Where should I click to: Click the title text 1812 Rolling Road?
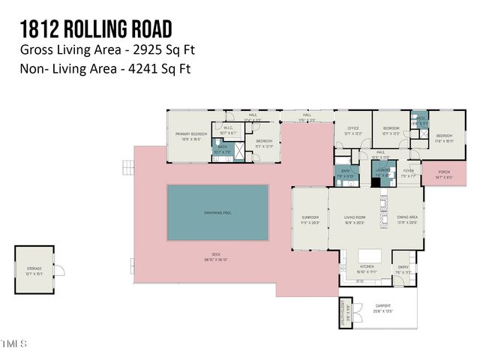click(x=96, y=28)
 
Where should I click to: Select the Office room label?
click(x=352, y=129)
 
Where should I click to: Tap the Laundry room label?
click(x=383, y=171)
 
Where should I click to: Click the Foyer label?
click(x=408, y=171)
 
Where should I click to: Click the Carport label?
click(x=382, y=306)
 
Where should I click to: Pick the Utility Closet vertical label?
click(x=346, y=309)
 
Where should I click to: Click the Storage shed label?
click(x=35, y=268)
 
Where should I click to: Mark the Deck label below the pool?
click(x=216, y=254)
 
